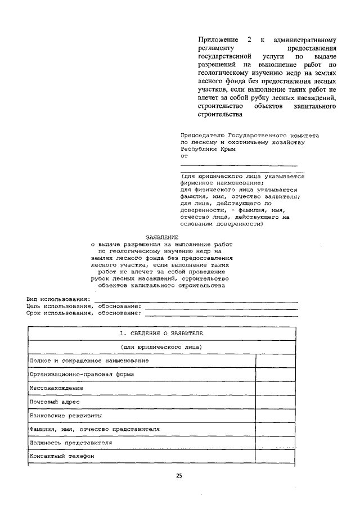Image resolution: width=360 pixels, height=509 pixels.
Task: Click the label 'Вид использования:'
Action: click(x=58, y=298)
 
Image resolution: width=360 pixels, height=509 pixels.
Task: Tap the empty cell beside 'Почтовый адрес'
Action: click(x=276, y=402)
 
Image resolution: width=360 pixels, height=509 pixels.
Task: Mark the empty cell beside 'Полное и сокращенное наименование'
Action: click(x=276, y=360)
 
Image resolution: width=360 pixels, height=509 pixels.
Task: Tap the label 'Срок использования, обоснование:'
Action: click(x=83, y=313)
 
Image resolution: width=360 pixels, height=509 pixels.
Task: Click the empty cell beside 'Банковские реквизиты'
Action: click(x=276, y=416)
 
